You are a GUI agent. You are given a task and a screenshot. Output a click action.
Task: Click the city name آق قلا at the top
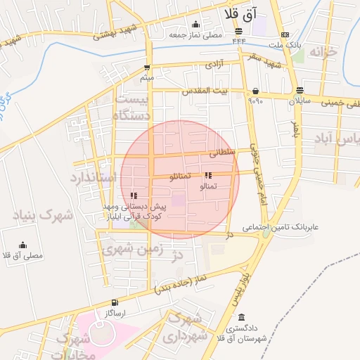coord(240,13)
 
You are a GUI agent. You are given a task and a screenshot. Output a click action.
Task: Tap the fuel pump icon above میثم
coord(147,68)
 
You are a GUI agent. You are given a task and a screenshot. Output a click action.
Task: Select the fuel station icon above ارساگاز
coord(115,302)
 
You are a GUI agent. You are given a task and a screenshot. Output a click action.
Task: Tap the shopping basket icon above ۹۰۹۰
coord(255,91)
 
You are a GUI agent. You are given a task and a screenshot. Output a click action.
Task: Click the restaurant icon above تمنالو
coord(207,175)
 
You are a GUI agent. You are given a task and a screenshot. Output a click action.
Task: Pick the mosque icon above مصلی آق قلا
coord(23,245)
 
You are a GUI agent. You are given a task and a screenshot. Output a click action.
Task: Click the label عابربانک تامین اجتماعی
coord(281,228)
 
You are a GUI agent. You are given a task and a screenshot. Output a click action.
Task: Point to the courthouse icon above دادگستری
coord(242,318)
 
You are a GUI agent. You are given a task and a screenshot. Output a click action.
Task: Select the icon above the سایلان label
coord(300,90)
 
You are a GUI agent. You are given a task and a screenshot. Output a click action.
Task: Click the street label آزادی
coord(214,64)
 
